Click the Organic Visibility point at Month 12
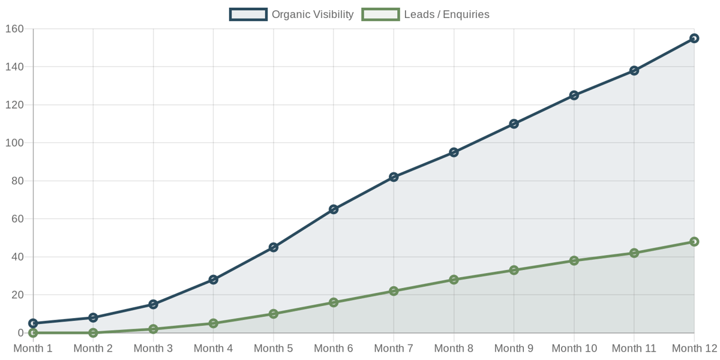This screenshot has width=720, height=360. point(694,38)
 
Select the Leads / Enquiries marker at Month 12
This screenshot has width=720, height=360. point(694,242)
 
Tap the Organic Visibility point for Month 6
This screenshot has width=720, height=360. point(334,209)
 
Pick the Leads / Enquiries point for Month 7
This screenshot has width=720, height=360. point(394,291)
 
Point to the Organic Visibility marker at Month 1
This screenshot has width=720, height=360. point(33,323)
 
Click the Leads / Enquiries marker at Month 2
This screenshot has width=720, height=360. point(93,332)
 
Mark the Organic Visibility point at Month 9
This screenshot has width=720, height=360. point(514,124)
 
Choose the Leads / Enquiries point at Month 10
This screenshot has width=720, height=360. point(574,260)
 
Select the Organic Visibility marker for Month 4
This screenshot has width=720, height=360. point(213,280)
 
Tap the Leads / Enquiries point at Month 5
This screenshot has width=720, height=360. point(274,314)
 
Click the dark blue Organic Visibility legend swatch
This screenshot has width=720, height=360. point(248,14)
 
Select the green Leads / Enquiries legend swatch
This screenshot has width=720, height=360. point(380,14)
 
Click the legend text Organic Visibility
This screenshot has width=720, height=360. point(313,14)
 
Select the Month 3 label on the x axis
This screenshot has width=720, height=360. point(153,349)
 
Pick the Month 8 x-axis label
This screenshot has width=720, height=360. point(454,349)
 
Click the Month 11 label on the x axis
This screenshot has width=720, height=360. point(634,349)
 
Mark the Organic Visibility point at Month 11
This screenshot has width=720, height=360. point(634,71)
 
